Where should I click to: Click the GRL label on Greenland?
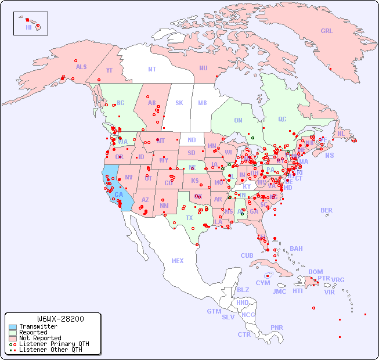327,31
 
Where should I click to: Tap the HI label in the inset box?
28,27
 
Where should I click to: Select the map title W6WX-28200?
60,319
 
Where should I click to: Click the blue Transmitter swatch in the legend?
12,327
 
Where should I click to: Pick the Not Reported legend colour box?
12,338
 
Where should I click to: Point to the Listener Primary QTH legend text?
53,344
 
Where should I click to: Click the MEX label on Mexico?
178,261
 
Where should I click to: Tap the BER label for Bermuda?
327,210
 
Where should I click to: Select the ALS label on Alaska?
81,67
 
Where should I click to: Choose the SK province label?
179,103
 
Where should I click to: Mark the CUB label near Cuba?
247,255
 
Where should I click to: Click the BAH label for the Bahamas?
296,249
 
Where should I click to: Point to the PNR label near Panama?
277,327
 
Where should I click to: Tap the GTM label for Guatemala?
214,311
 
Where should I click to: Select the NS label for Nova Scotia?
330,155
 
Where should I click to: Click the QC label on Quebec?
282,119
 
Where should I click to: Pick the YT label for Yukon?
109,70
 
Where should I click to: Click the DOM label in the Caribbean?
315,272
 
